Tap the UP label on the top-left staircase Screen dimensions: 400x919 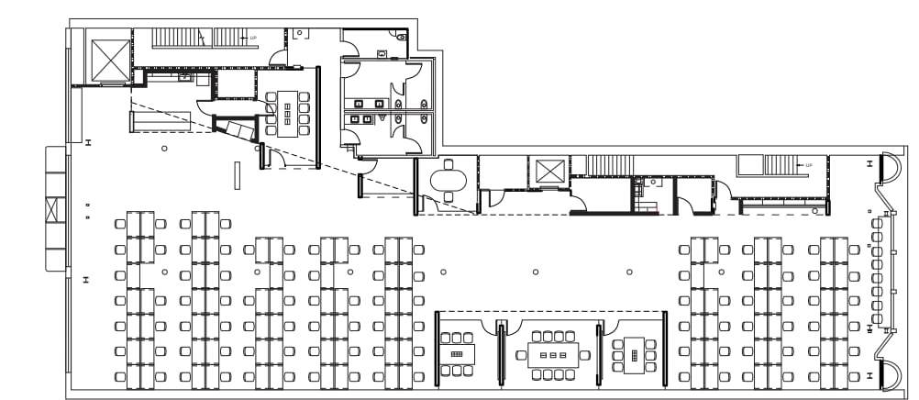point(253,39)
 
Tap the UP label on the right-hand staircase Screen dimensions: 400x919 point(808,165)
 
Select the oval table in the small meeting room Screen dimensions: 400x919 point(448,179)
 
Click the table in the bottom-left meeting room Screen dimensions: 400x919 point(458,352)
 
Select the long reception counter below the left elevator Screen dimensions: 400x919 point(160,120)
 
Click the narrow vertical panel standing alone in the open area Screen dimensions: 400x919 point(237,174)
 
